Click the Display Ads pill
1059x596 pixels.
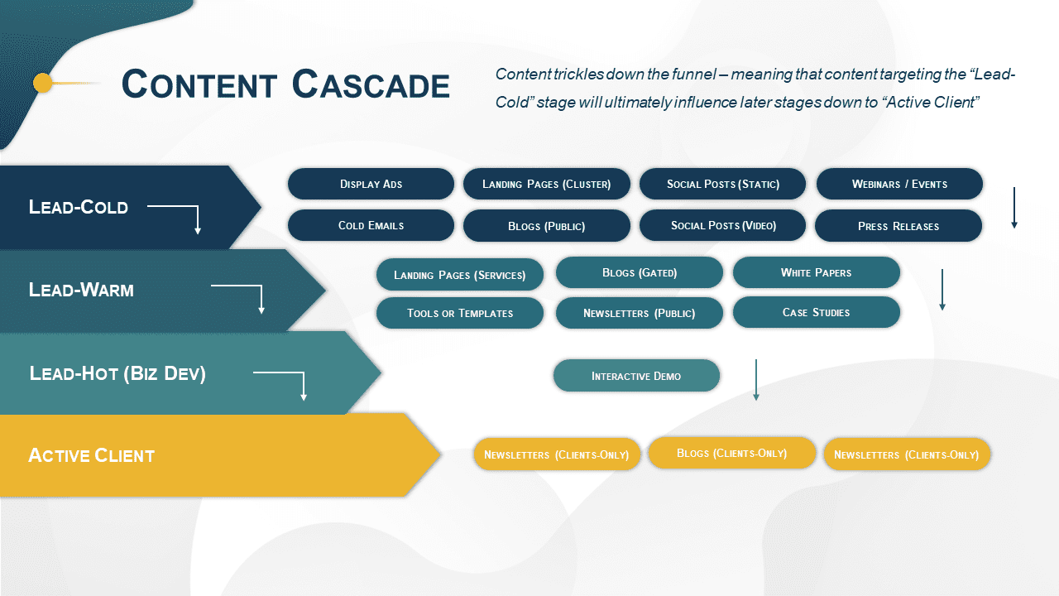pyautogui.click(x=371, y=184)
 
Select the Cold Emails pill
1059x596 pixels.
pyautogui.click(x=371, y=225)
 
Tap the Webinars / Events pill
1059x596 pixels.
pyautogui.click(x=899, y=184)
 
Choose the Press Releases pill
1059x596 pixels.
pyautogui.click(x=898, y=226)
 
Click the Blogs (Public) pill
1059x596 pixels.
pyautogui.click(x=546, y=226)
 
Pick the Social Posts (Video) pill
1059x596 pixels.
pyautogui.click(x=722, y=225)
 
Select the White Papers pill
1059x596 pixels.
pyautogui.click(x=816, y=272)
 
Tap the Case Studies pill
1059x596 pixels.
pyautogui.click(x=816, y=312)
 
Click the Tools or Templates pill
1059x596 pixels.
pyautogui.click(x=460, y=313)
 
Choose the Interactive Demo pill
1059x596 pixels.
pyautogui.click(x=636, y=376)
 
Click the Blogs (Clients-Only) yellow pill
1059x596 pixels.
pyautogui.click(x=731, y=453)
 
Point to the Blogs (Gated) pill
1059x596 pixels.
pyautogui.click(x=640, y=272)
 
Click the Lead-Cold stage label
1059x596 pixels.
pyautogui.click(x=79, y=207)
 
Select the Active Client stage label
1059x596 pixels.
pyautogui.click(x=91, y=455)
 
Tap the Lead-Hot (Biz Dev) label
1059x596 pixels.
pyautogui.click(x=117, y=373)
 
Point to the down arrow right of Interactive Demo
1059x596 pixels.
pyautogui.click(x=755, y=380)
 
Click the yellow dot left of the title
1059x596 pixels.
pyautogui.click(x=43, y=83)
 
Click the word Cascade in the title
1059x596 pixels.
pyautogui.click(x=371, y=84)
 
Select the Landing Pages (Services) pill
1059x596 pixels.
pyautogui.click(x=460, y=275)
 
